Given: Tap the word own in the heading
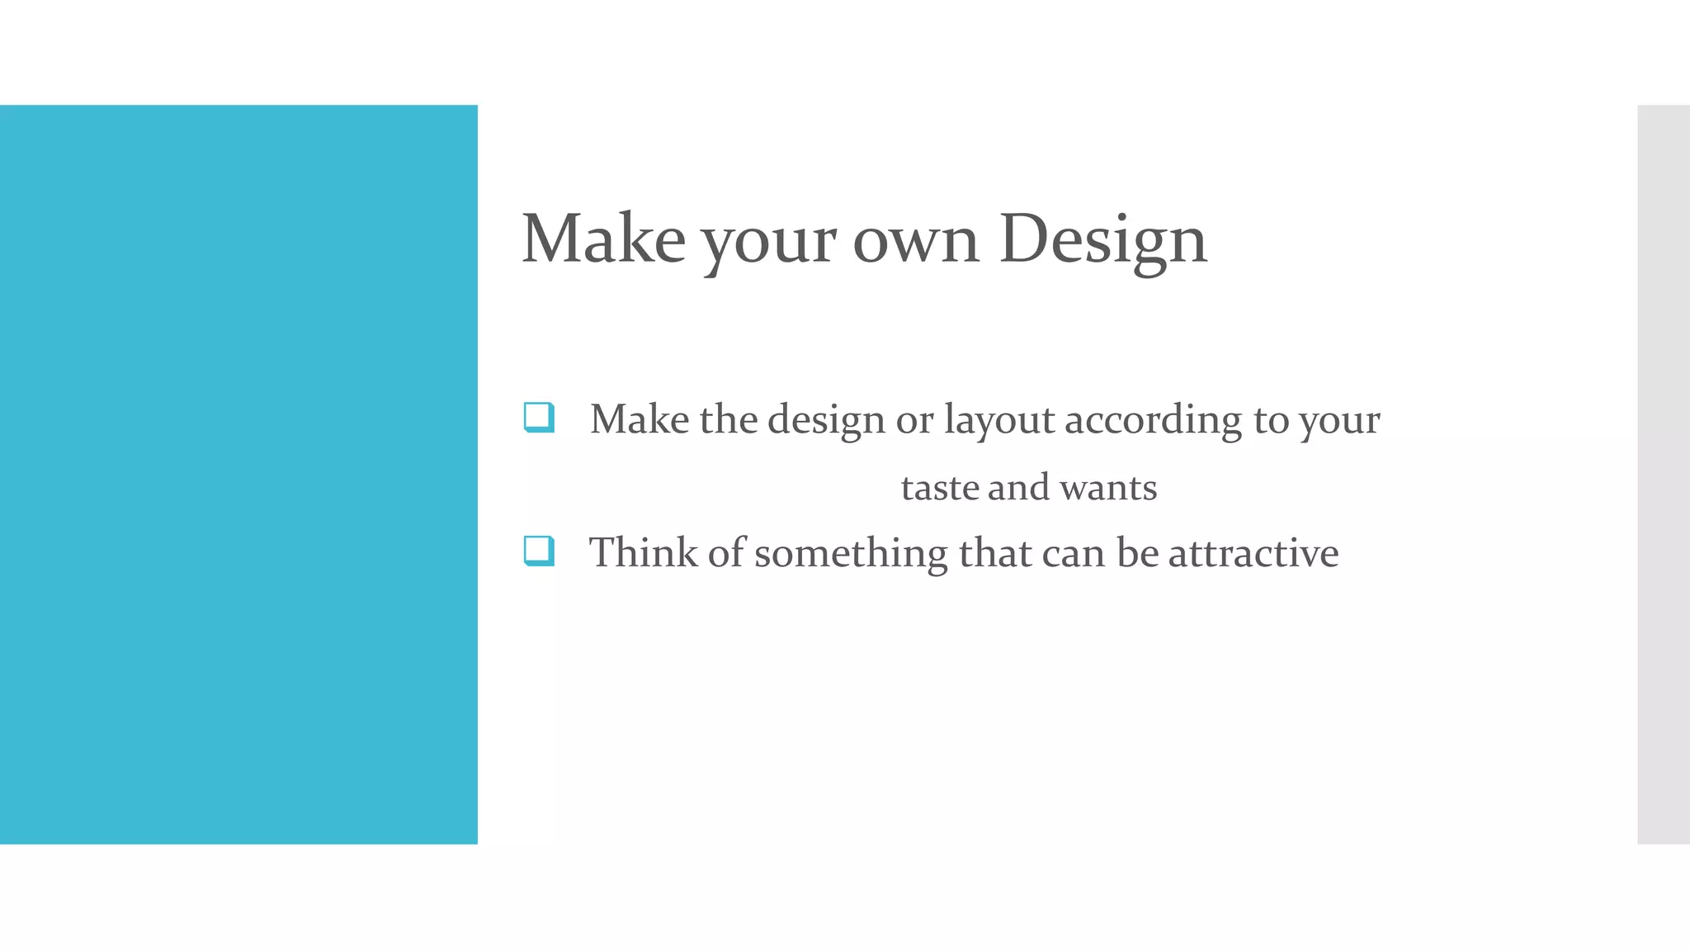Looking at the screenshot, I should [x=915, y=241].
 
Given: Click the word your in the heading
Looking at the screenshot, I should [x=769, y=244].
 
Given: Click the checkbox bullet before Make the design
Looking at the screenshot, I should [x=539, y=417].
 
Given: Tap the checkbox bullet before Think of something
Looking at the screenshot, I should [x=539, y=551].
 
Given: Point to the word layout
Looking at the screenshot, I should [x=998, y=421].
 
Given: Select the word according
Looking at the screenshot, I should [x=1153, y=421].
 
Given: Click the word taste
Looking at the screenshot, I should [x=939, y=488].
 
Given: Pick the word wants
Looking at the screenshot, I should [x=1108, y=488].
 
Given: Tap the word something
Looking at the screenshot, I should [x=851, y=554].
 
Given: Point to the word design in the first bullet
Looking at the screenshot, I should [x=826, y=421].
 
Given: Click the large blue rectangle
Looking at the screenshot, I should [x=238, y=475].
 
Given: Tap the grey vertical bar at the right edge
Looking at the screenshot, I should [x=1663, y=475].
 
